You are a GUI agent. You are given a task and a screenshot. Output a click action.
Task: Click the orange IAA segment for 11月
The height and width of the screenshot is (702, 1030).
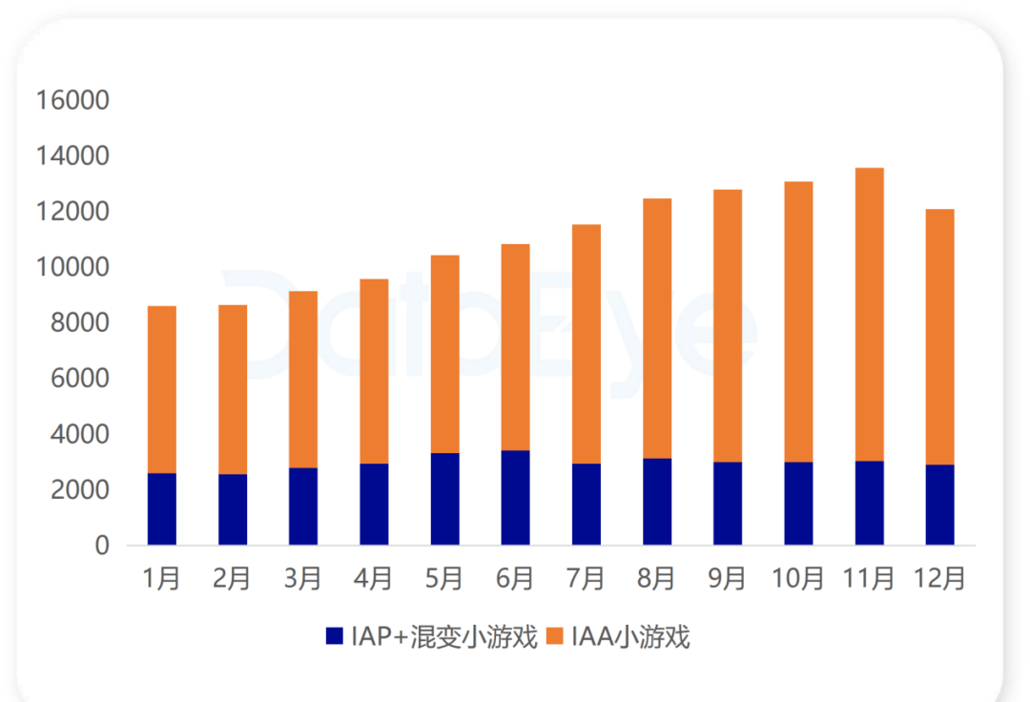coord(869,315)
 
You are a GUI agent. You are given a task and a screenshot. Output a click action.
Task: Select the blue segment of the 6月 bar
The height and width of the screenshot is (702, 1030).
coord(516,498)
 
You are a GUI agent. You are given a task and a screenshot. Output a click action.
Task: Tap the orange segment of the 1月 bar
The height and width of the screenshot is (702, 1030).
coord(161,389)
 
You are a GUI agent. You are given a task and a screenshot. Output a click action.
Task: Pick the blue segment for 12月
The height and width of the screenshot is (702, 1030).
coord(940,505)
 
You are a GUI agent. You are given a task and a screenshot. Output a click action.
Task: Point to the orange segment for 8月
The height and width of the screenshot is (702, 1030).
coord(657,328)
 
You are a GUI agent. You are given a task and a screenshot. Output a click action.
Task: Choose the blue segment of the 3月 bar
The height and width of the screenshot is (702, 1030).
coord(303,506)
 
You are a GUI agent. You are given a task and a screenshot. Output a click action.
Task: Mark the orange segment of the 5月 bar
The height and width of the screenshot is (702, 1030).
coord(444,354)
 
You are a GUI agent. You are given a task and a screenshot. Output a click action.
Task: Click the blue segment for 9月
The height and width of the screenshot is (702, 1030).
coord(728,504)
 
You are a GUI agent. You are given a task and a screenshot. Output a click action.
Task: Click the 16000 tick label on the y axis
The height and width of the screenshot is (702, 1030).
coord(72,100)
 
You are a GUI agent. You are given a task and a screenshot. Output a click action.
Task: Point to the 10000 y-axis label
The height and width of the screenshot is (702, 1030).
coord(72,267)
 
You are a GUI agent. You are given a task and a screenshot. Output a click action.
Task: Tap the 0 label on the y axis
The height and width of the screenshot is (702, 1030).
coord(102,546)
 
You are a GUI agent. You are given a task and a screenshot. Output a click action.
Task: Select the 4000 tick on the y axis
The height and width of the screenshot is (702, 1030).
coord(79,434)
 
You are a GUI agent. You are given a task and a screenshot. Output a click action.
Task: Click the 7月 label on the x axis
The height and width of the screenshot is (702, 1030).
coord(586,579)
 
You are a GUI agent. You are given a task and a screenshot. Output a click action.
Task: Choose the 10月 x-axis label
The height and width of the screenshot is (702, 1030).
coord(797,579)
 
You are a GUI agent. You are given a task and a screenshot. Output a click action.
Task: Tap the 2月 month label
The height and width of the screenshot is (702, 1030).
coord(232,579)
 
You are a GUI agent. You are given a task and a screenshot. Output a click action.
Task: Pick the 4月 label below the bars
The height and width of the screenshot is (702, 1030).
coord(373,579)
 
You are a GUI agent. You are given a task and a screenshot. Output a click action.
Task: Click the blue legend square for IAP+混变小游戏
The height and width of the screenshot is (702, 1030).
coord(335,635)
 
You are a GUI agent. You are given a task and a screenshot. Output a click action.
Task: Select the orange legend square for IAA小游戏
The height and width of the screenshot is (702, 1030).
coord(555,635)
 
